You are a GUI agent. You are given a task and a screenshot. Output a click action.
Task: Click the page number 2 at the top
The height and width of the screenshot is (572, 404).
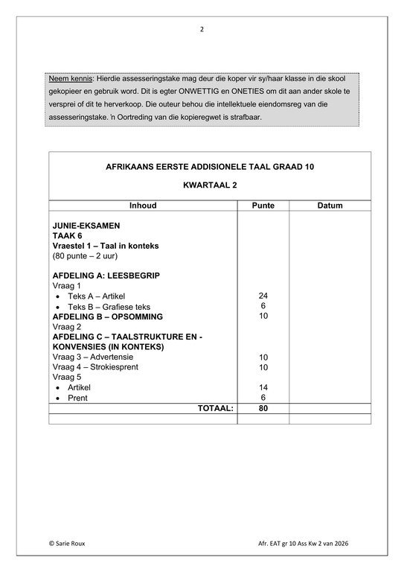pos(201,30)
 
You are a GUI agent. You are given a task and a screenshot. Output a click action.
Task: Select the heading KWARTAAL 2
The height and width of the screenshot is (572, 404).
pos(209,183)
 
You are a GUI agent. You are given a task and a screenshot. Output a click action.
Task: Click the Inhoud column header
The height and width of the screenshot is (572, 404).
pos(143,206)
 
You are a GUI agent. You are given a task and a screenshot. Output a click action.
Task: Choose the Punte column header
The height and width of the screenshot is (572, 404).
pos(263,206)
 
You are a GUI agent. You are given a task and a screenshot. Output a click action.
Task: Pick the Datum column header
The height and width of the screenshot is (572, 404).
pos(330,206)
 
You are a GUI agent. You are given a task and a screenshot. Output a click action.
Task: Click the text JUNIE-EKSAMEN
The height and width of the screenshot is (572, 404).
pos(86,225)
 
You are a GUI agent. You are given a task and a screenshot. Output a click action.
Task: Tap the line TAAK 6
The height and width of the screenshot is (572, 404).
pos(67,235)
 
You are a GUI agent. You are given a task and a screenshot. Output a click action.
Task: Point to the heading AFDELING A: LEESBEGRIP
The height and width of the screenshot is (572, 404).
pos(106,276)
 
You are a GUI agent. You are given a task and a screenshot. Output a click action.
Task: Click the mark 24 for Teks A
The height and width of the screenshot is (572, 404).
pos(263,296)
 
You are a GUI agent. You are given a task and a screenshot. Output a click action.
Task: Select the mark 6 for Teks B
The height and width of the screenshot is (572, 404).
pos(263,306)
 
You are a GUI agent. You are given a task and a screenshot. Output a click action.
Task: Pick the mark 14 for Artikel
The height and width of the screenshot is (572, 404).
pos(263,388)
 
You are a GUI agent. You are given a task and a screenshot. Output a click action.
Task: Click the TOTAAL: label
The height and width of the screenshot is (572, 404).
pos(215,408)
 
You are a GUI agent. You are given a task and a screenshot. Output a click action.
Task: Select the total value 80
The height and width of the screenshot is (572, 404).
pos(263,408)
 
